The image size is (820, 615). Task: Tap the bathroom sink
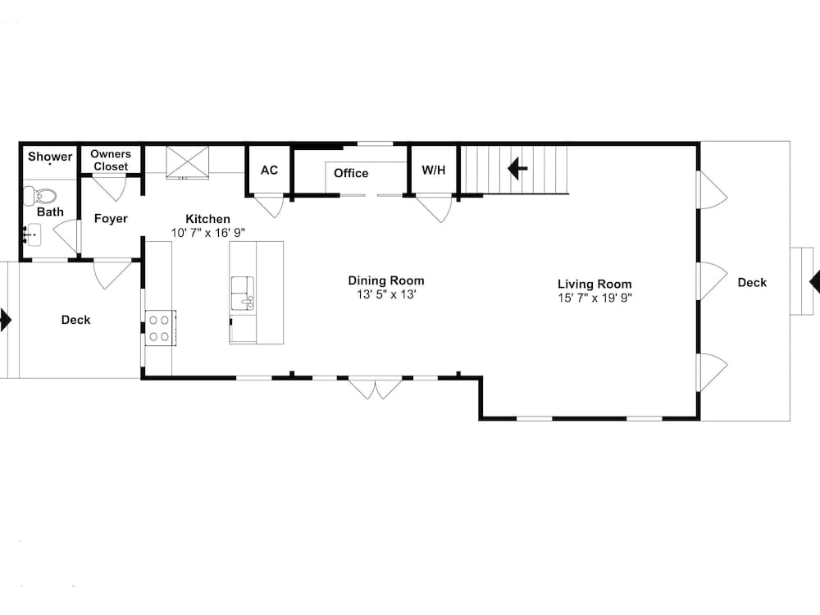(x=32, y=235)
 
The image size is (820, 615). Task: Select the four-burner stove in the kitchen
(x=160, y=327)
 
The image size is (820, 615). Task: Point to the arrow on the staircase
(x=517, y=170)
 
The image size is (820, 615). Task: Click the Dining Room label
(x=386, y=280)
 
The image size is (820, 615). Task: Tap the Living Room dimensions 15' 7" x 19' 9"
(x=594, y=298)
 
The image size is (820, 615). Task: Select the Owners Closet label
(x=111, y=160)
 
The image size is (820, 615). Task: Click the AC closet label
(x=269, y=171)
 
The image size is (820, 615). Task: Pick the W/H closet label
(x=434, y=171)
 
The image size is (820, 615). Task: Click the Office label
(x=351, y=173)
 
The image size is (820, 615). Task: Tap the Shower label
(x=50, y=157)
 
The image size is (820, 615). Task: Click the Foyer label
(x=111, y=219)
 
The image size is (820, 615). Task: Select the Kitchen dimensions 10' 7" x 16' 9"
(x=208, y=232)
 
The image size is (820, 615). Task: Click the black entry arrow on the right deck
(x=814, y=282)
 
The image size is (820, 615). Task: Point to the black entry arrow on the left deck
(x=5, y=319)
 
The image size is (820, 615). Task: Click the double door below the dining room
(x=375, y=388)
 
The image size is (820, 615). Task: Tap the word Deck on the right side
(x=752, y=282)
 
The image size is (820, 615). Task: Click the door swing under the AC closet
(x=269, y=205)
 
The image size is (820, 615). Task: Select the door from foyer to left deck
(x=112, y=272)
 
